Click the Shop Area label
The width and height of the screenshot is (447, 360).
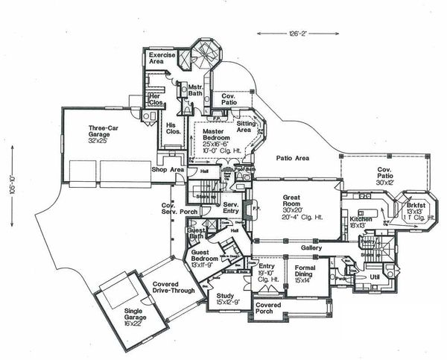click(168, 169)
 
